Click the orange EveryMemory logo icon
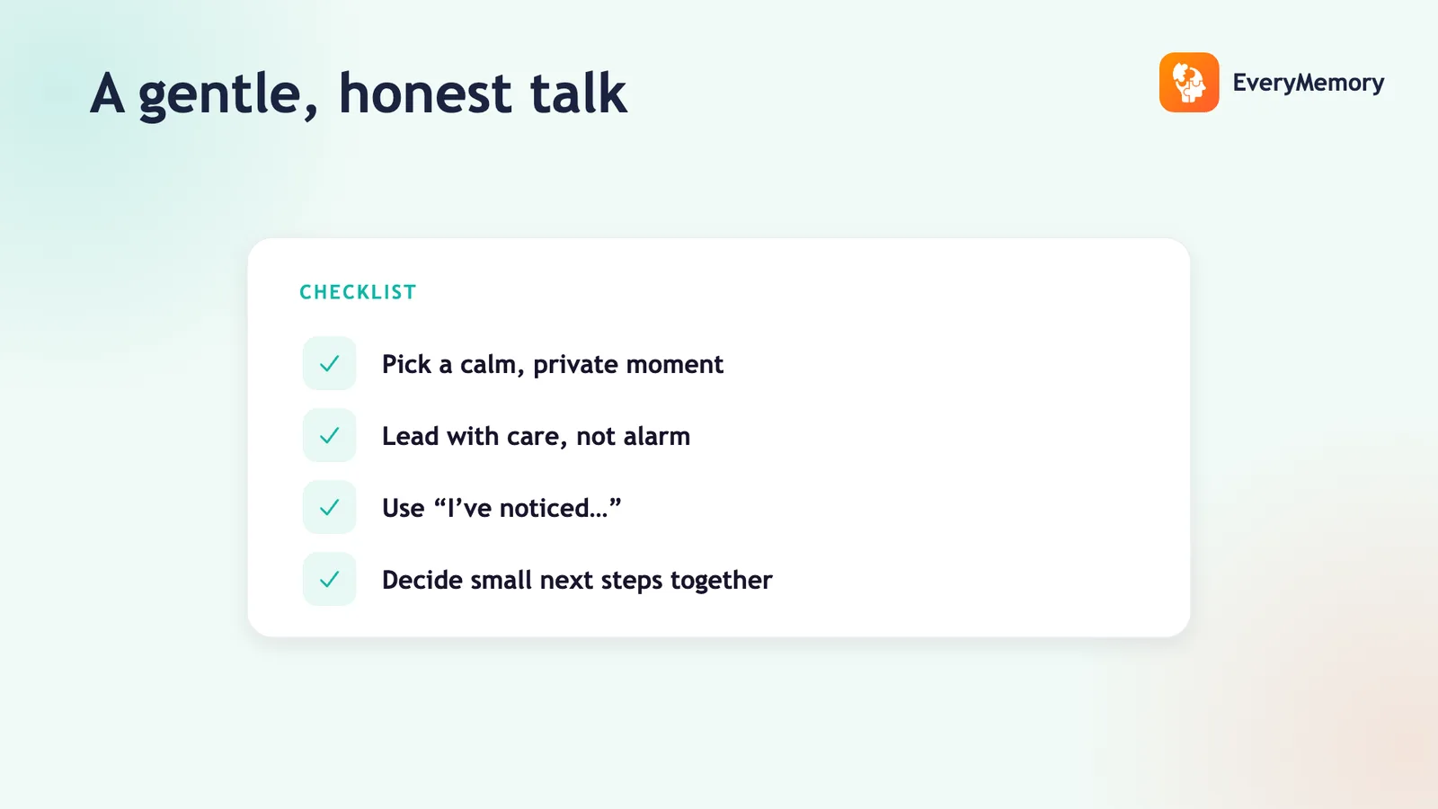pyautogui.click(x=1189, y=82)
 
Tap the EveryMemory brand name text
pyautogui.click(x=1309, y=83)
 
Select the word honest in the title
pyautogui.click(x=425, y=93)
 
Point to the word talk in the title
pyautogui.click(x=579, y=93)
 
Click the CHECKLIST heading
pyautogui.click(x=359, y=292)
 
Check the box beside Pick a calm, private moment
pyautogui.click(x=329, y=363)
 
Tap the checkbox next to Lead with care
pyautogui.click(x=329, y=435)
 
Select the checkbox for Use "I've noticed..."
pyautogui.click(x=329, y=507)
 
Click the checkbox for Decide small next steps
pyautogui.click(x=329, y=579)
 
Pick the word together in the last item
pyautogui.click(x=722, y=581)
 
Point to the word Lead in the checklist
pyautogui.click(x=410, y=436)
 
